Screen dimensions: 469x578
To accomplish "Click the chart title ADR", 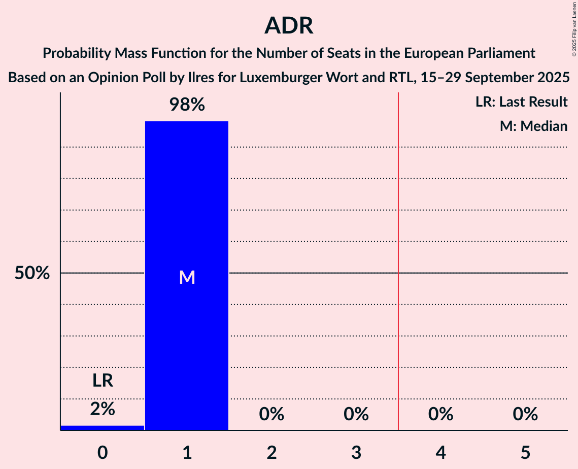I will point(289,26).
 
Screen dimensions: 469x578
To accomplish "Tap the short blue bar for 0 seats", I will point(103,428).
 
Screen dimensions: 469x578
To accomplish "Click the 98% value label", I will point(187,105).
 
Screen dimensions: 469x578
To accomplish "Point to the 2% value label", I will point(103,409).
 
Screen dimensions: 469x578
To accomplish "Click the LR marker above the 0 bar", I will point(103,381).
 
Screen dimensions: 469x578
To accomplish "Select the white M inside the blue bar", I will point(187,277).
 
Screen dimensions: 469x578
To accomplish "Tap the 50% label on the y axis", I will point(32,273).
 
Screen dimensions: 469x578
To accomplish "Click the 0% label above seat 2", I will point(271,414).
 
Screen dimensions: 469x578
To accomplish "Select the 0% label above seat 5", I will point(525,414).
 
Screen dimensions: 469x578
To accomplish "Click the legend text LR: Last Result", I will point(521,102).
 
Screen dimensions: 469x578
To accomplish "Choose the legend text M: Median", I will point(533,126).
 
